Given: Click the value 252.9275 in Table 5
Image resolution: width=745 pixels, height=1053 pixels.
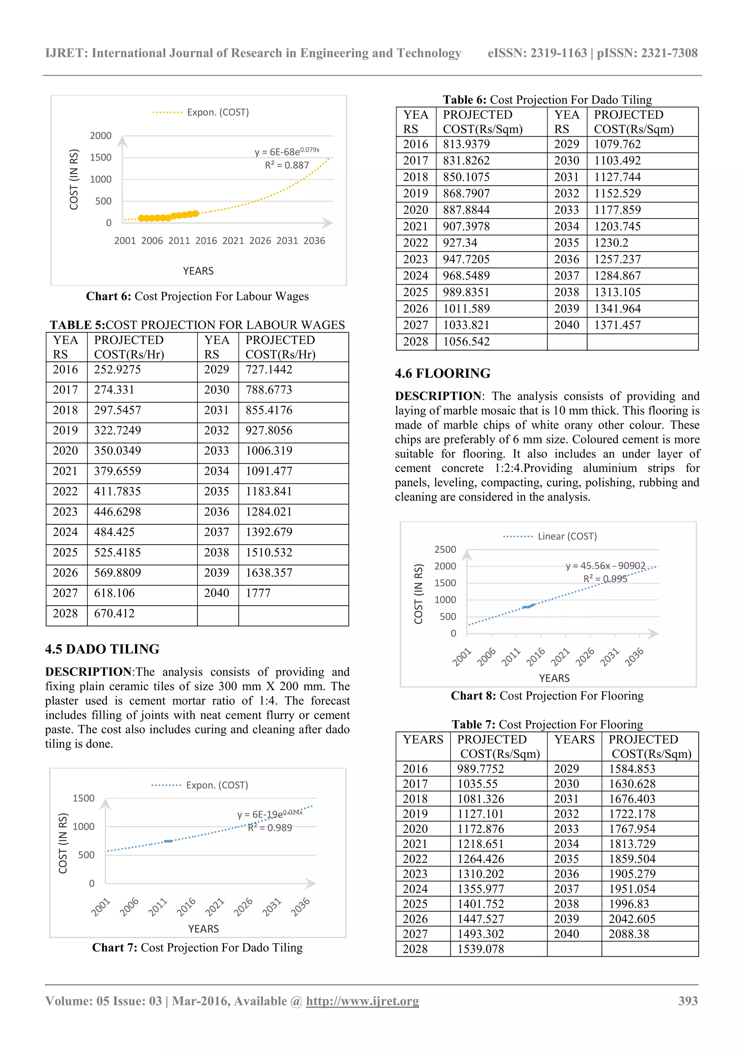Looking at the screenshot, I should click(x=117, y=370).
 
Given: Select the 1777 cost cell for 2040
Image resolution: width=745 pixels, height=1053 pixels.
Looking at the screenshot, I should click(x=258, y=593).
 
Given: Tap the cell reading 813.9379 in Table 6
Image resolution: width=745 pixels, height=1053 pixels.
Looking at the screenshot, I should click(x=466, y=144).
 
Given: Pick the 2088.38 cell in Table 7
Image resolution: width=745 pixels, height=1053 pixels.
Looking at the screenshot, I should click(x=629, y=934).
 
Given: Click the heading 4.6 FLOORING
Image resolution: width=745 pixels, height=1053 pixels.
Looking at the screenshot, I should click(x=442, y=373).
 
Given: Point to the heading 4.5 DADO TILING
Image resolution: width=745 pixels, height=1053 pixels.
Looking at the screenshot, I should click(x=102, y=649).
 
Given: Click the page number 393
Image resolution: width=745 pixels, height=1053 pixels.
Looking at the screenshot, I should click(x=688, y=1001).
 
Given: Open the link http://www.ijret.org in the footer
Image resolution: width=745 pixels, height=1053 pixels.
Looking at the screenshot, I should click(x=362, y=1001).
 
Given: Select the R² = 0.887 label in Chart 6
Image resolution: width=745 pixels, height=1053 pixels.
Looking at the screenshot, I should click(x=287, y=165).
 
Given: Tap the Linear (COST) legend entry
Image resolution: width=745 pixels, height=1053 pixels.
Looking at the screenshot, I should click(x=567, y=536).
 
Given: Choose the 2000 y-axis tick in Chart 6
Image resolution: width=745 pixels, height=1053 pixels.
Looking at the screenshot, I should click(x=100, y=136).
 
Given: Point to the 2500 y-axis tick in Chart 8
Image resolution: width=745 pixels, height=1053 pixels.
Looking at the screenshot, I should click(x=445, y=549).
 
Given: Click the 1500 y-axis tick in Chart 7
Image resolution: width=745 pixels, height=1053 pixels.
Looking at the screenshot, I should click(x=84, y=798).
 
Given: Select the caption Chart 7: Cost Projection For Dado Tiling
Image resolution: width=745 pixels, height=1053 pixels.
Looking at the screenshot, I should click(x=197, y=948).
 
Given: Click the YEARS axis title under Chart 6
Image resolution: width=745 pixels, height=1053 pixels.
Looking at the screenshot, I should click(x=198, y=271).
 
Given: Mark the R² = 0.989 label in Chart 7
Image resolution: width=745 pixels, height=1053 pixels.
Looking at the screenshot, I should click(x=270, y=828).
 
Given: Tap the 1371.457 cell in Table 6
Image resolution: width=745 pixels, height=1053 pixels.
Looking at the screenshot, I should click(x=617, y=325).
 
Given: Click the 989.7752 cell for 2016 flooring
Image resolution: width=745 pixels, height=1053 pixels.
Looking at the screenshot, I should click(x=480, y=769).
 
